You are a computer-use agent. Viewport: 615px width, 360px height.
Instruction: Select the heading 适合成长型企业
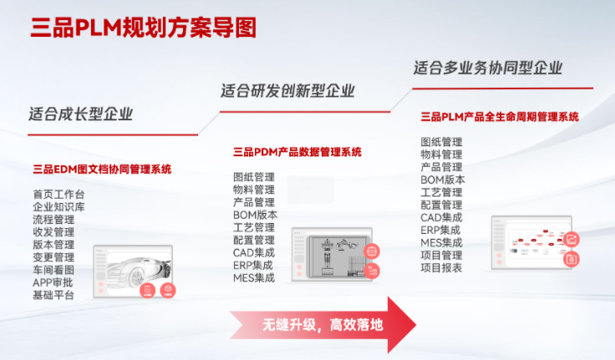[x=80, y=114]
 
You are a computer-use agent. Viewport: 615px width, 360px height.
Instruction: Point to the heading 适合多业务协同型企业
[x=488, y=67]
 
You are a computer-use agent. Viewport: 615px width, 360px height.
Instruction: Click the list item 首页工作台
[x=58, y=195]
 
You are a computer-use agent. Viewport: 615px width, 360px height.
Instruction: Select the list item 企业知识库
[x=58, y=207]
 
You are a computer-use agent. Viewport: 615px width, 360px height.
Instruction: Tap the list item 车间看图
[x=53, y=270]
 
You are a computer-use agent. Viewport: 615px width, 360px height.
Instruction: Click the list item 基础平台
[x=53, y=295]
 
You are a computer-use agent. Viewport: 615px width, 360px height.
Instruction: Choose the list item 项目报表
[x=441, y=267]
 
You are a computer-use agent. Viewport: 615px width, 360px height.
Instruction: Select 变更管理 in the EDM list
[x=53, y=257]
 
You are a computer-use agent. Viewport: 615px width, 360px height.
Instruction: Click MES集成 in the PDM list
[x=254, y=277]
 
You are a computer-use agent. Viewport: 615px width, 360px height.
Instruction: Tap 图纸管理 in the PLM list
[x=441, y=142]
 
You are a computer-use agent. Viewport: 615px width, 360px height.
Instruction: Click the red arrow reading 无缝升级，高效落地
[x=322, y=323]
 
